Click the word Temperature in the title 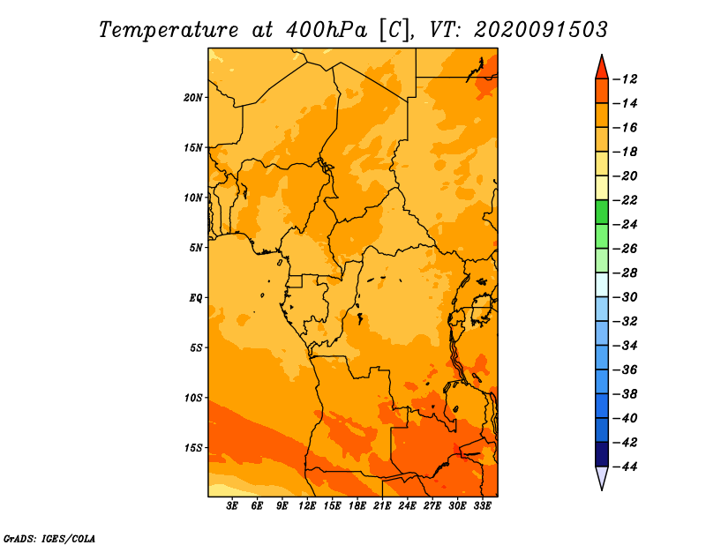tap(169, 30)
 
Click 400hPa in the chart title tap(327, 30)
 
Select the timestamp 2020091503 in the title tap(541, 30)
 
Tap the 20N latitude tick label tap(193, 98)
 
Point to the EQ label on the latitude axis tap(196, 298)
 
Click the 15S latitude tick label tap(193, 448)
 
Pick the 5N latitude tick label tap(196, 248)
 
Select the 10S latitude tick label tap(193, 398)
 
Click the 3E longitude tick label tap(232, 505)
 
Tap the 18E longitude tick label tap(357, 505)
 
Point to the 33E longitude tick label tap(482, 505)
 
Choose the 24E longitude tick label tap(407, 505)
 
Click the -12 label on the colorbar tap(626, 79)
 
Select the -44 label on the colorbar tap(626, 467)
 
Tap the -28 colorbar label tap(626, 273)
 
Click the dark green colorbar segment tap(602, 212)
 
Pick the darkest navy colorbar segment tap(602, 454)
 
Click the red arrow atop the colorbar tap(602, 69)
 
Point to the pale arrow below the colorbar tap(602, 477)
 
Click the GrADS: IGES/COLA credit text tap(49, 538)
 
